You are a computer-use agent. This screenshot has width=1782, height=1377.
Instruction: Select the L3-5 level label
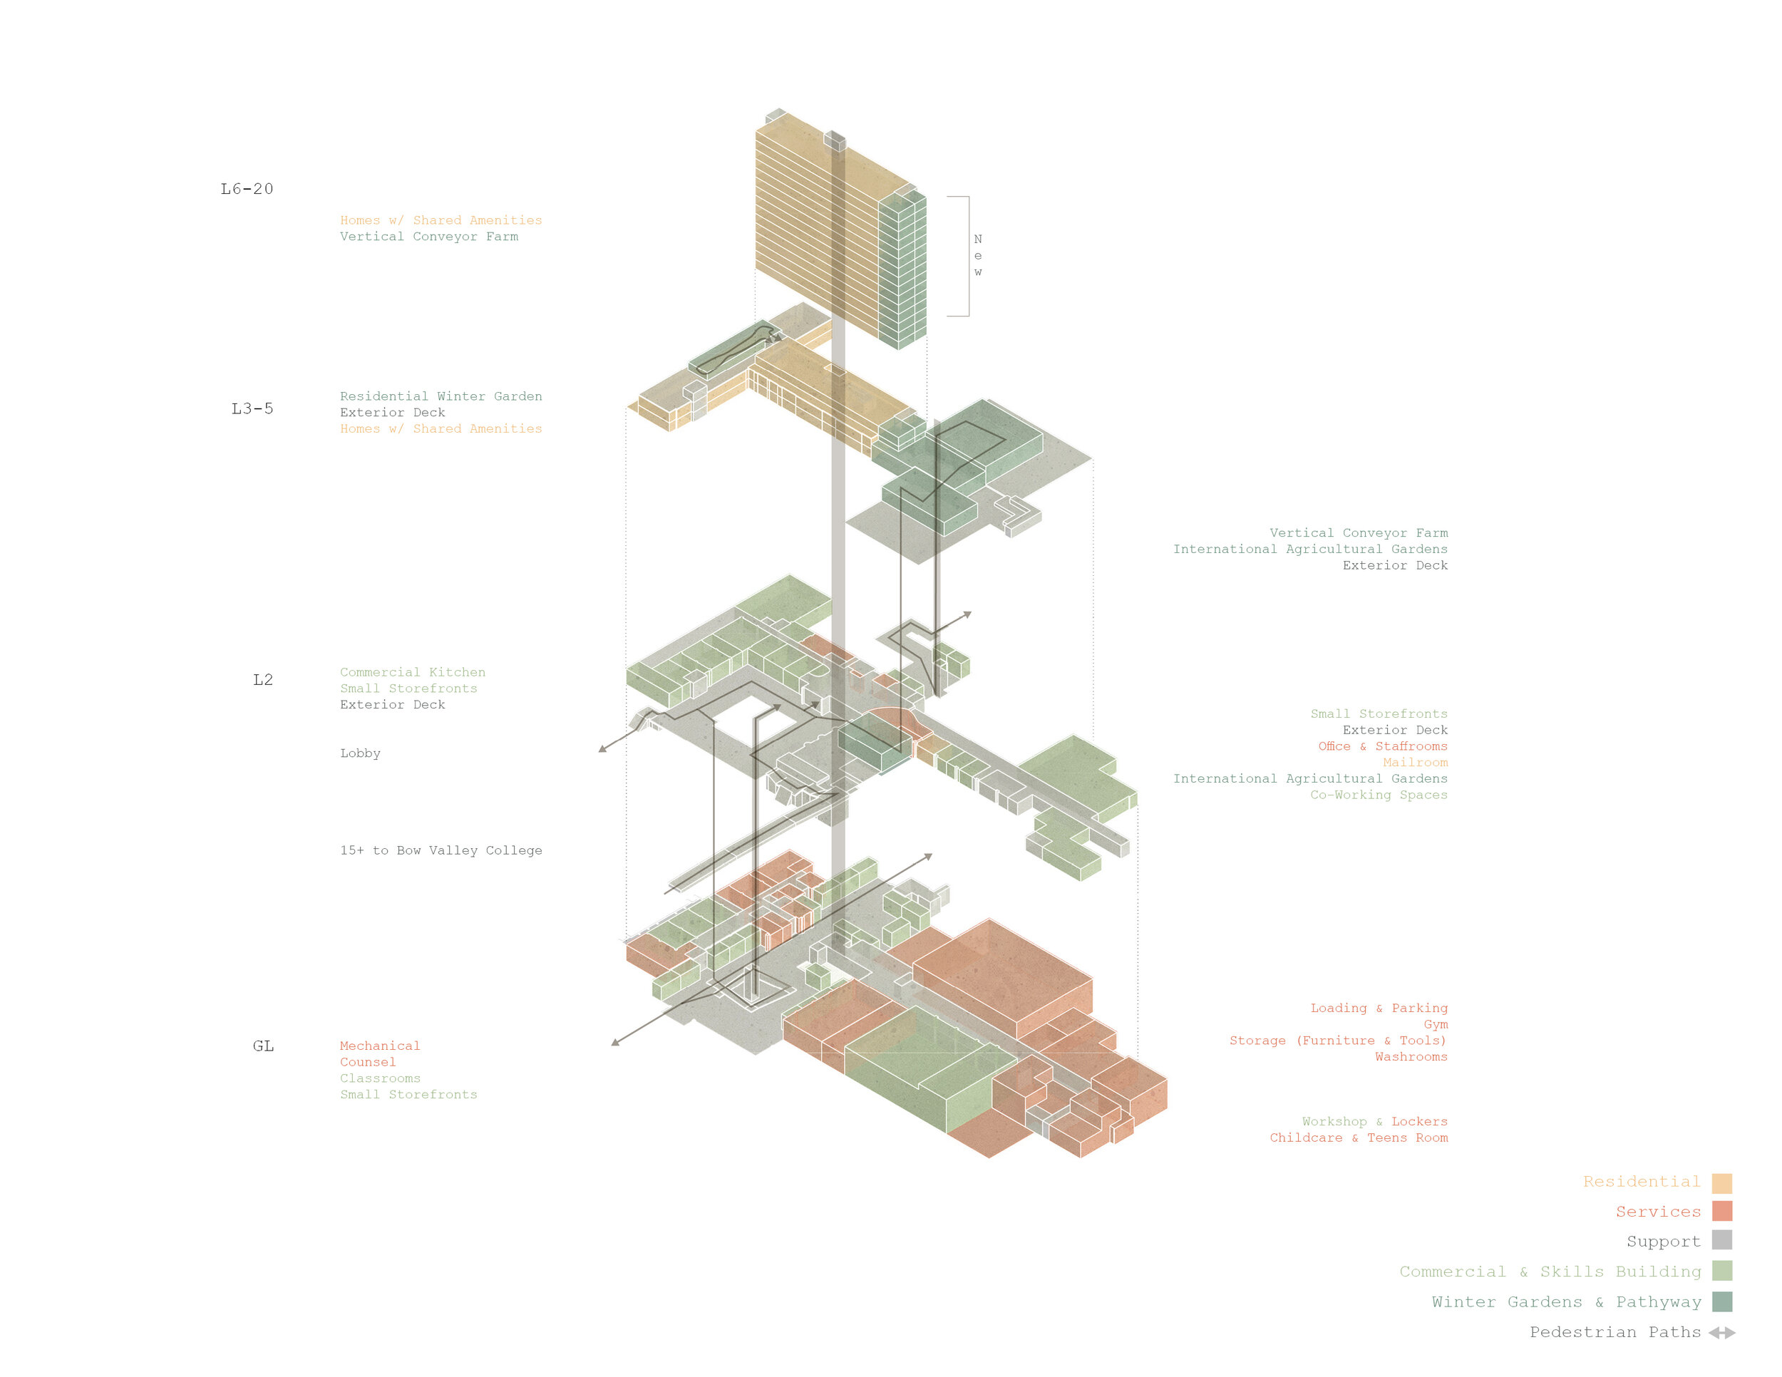[x=252, y=408]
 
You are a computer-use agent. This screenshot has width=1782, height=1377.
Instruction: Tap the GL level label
[x=263, y=1046]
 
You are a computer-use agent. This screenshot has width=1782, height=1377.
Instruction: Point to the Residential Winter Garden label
[x=441, y=396]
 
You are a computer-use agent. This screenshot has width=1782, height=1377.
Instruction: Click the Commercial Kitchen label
[x=412, y=672]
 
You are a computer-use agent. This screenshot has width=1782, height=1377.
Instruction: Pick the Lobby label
[x=360, y=753]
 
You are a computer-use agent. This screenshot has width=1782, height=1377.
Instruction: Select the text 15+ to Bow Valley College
[x=441, y=850]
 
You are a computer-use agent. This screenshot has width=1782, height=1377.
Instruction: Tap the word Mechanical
[x=379, y=1046]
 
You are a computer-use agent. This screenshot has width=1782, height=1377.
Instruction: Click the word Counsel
[x=367, y=1062]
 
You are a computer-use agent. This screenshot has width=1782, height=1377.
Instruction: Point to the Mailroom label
[x=1415, y=762]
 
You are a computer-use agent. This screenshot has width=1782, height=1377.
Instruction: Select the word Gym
[x=1436, y=1025]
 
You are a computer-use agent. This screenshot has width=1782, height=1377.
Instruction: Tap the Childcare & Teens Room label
[x=1358, y=1138]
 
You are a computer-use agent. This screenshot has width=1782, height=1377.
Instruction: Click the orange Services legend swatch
[x=1721, y=1212]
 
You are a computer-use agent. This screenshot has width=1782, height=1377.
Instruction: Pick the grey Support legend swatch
[x=1721, y=1241]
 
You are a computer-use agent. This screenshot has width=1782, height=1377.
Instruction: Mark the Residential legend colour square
[x=1721, y=1183]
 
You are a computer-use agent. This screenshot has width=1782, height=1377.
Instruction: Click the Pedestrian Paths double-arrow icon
[x=1721, y=1333]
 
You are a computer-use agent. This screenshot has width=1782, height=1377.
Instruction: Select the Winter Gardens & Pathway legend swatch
[x=1721, y=1302]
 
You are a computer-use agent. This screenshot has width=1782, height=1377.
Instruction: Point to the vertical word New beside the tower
[x=977, y=255]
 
